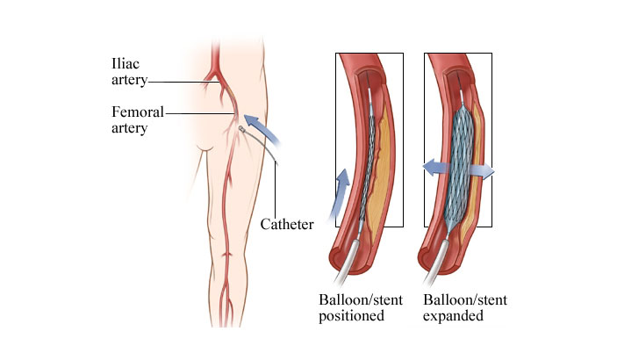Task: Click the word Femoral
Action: (x=136, y=112)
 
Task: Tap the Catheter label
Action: (x=287, y=225)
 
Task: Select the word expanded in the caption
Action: (x=454, y=316)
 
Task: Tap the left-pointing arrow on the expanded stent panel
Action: (x=431, y=167)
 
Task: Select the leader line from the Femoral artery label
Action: (x=197, y=112)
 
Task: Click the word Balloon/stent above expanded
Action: (x=457, y=300)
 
